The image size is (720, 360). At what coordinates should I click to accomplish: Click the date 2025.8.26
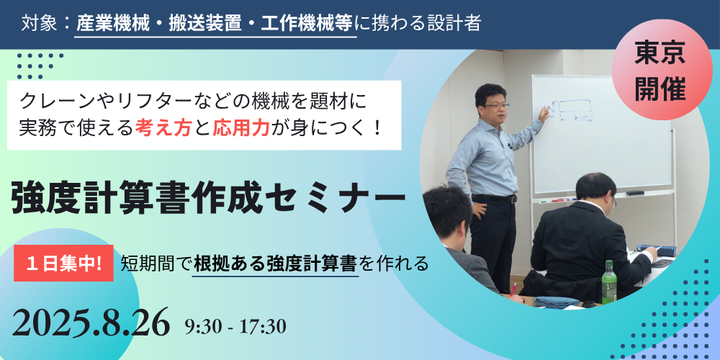click(x=91, y=323)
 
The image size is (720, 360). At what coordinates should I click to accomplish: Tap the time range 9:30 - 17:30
click(x=235, y=326)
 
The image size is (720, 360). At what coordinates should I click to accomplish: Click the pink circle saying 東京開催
click(x=661, y=70)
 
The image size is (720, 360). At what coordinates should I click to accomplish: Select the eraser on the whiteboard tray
click(x=634, y=193)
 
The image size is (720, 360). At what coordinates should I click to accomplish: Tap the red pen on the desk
click(x=513, y=289)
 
